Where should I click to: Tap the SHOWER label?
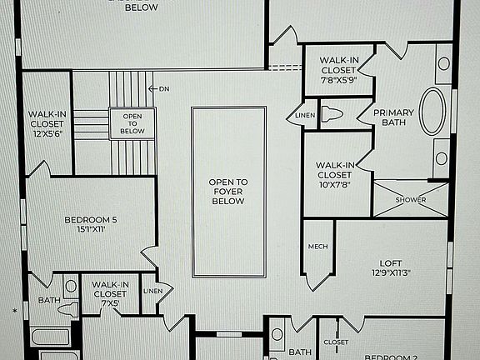(410, 200)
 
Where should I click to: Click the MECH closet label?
(317, 246)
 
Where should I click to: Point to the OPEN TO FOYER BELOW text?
(227, 191)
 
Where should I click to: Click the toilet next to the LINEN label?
(332, 115)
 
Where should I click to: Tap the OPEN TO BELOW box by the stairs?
(132, 124)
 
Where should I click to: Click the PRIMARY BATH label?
(393, 118)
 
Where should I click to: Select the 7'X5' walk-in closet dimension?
(110, 303)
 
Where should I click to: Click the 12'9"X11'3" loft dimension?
(391, 272)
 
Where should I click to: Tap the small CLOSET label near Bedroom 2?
(336, 342)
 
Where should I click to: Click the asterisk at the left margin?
(14, 311)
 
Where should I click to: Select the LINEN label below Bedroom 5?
(153, 291)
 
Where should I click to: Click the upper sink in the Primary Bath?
(443, 63)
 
